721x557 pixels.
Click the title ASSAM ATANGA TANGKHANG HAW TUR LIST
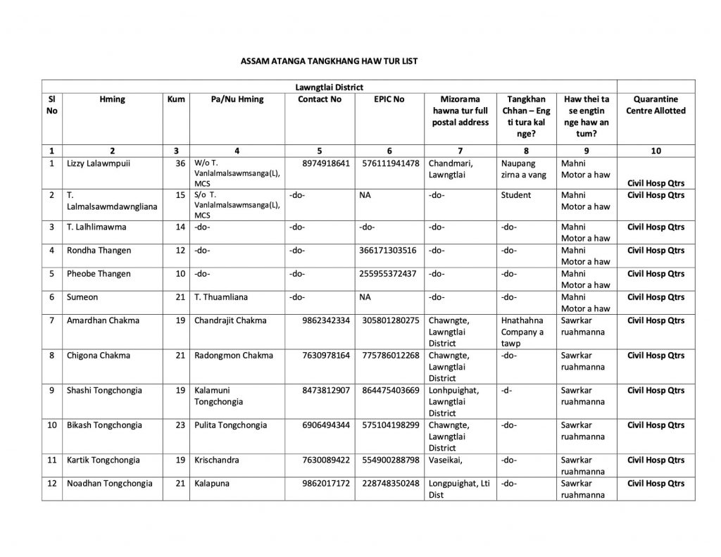330,61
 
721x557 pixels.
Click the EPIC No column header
389,99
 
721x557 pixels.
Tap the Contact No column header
319,99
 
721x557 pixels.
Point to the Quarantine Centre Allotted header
656,105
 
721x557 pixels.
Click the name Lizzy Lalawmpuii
98,163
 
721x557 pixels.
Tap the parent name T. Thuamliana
221,297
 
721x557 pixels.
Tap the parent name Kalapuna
212,483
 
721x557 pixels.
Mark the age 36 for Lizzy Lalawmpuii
180,163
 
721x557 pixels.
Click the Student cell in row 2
516,194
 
